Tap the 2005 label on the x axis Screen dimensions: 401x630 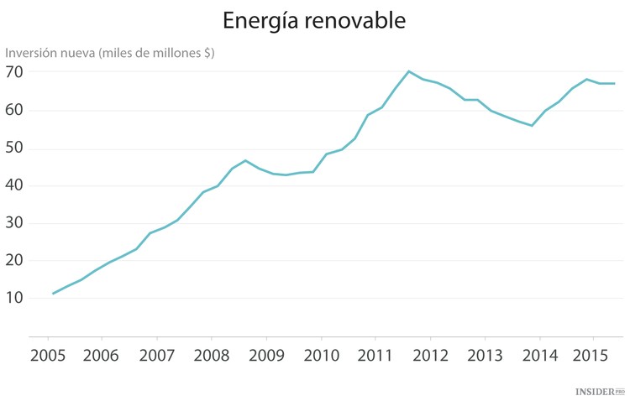[47, 354]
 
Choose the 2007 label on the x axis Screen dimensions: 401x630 [156, 354]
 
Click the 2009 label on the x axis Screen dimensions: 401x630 [265, 354]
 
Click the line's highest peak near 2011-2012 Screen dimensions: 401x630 [409, 71]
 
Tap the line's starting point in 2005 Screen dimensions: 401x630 [53, 294]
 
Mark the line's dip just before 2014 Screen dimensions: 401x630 [532, 126]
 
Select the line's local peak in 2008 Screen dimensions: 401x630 [245, 160]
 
